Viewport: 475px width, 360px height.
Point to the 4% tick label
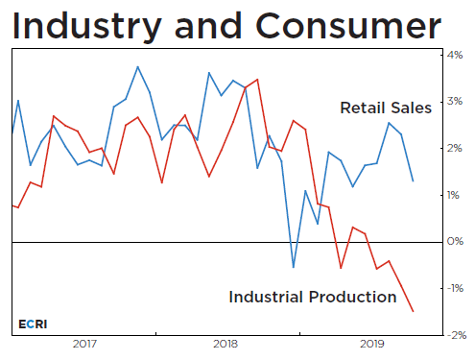(x=455, y=55)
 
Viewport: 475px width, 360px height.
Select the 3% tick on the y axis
(x=455, y=102)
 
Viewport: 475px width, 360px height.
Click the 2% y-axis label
(x=455, y=149)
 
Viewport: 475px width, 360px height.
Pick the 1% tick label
(x=455, y=195)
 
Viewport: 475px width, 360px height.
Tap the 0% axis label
(x=455, y=242)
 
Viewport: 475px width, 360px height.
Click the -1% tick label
(x=453, y=288)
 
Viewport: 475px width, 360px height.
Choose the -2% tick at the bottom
(x=453, y=335)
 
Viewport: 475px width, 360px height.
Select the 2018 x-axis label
(x=226, y=344)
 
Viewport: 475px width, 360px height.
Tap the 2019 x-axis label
(x=370, y=344)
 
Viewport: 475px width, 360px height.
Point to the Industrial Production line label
(x=312, y=298)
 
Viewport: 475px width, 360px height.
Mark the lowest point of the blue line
(x=294, y=267)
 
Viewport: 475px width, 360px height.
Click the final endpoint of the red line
(x=414, y=311)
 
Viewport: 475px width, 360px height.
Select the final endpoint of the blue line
(x=414, y=180)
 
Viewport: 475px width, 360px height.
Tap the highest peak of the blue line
(x=137, y=67)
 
